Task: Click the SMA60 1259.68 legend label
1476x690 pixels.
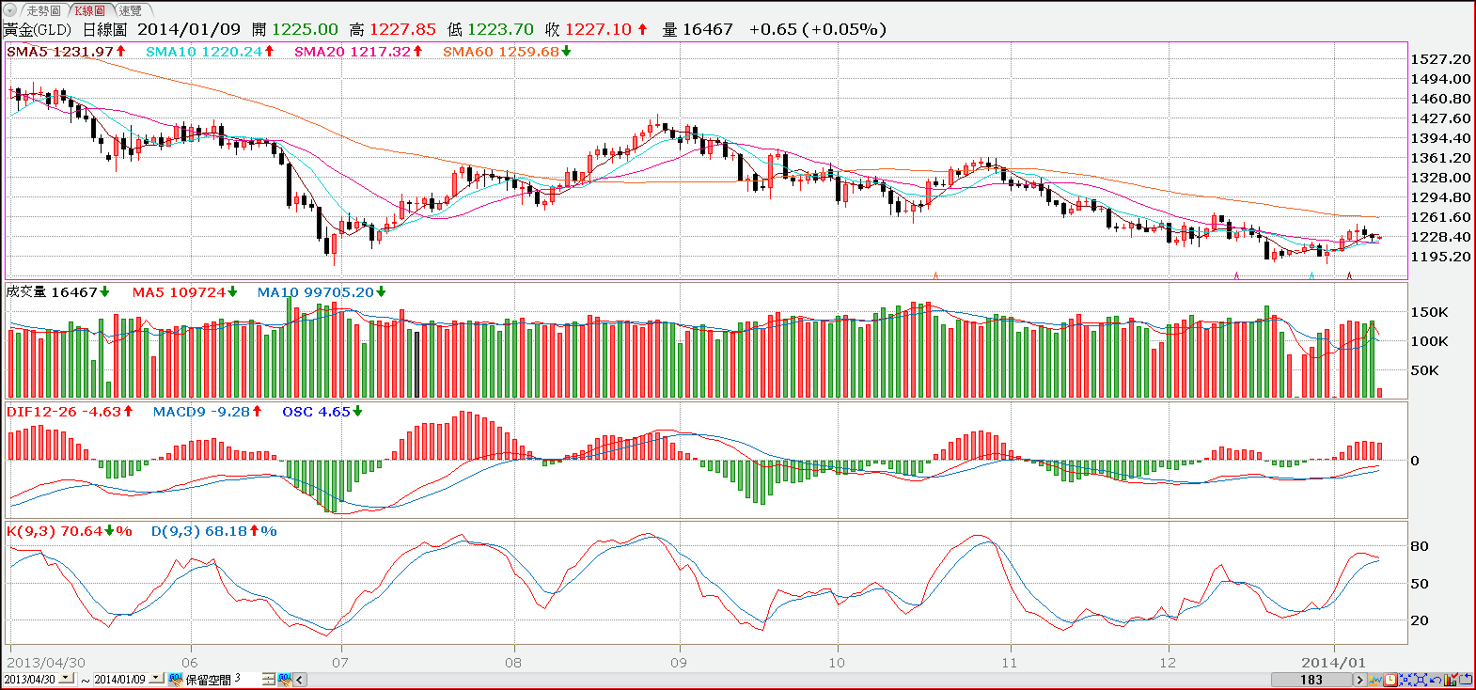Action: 501,52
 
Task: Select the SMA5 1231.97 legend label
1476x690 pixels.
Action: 60,52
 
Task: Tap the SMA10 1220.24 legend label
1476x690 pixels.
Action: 204,52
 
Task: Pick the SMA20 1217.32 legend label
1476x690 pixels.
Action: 353,52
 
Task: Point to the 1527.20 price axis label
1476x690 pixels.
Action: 1440,59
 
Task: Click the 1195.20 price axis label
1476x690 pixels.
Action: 1440,257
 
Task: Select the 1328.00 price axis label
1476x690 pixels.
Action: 1440,178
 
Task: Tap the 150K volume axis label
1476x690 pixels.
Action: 1429,312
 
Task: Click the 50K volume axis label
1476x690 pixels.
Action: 1424,370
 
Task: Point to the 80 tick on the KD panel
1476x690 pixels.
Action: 1420,546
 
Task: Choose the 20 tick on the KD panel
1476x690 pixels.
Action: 1420,620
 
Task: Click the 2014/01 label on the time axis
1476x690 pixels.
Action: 1333,663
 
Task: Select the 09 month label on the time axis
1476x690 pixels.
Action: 679,663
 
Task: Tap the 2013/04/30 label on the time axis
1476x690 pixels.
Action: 46,663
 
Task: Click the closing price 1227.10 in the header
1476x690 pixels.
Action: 598,29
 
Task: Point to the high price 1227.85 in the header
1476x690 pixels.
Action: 402,29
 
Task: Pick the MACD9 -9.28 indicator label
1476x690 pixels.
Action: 201,412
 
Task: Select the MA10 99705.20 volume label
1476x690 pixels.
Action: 315,292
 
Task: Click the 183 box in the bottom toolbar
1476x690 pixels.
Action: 1311,680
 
